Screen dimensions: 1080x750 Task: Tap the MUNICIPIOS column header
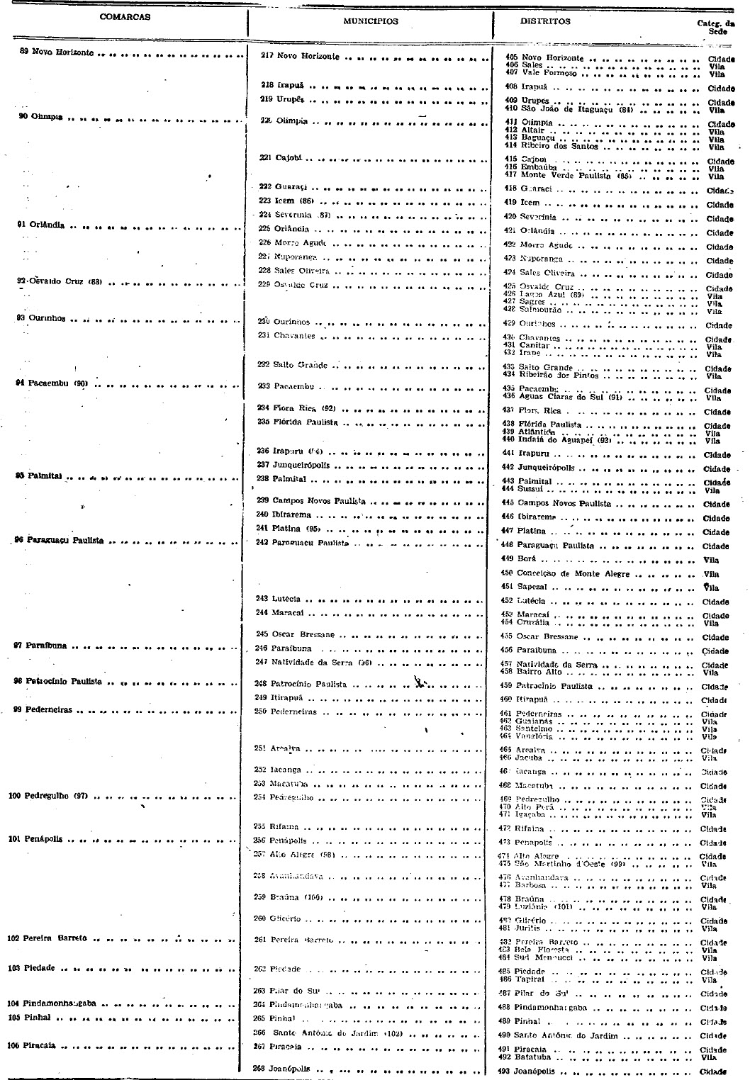pyautogui.click(x=371, y=21)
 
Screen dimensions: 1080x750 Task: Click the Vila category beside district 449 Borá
pyautogui.click(x=710, y=561)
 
